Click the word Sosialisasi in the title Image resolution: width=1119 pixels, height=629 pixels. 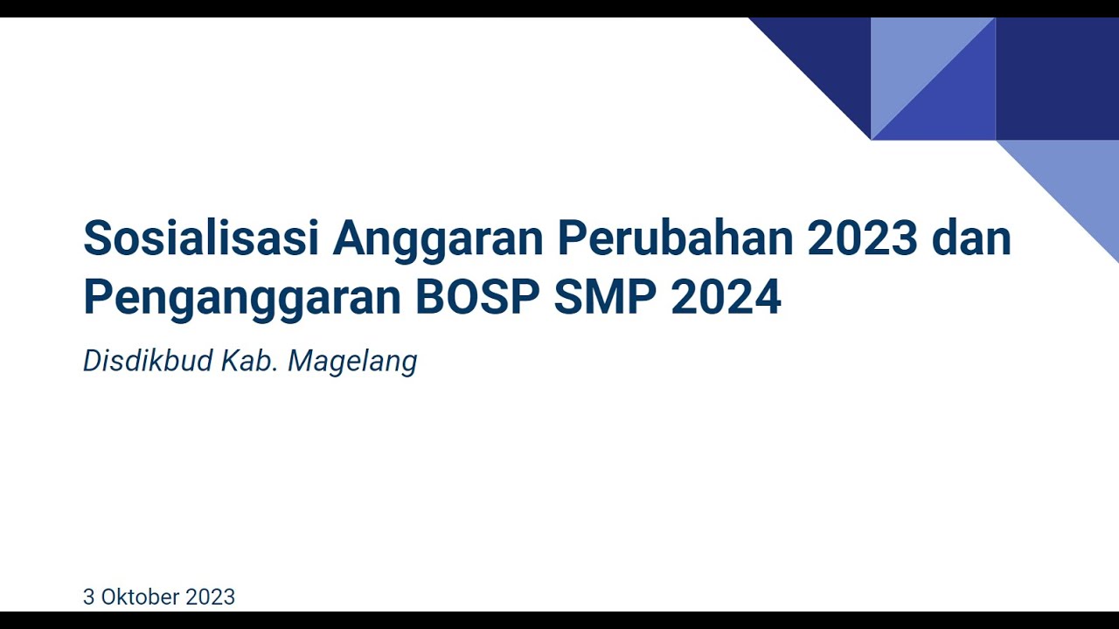tap(200, 238)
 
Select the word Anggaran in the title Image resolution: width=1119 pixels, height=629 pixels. tap(438, 238)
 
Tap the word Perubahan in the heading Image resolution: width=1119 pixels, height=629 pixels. tap(675, 238)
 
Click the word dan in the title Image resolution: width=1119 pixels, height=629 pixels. tap(971, 238)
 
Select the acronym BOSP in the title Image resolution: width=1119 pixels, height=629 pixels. tap(477, 298)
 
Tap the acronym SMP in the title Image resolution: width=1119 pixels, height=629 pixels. tap(605, 298)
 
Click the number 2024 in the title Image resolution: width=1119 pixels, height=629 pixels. tap(726, 298)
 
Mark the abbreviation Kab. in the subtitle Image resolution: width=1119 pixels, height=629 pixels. tap(249, 361)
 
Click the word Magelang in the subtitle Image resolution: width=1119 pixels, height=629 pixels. tap(352, 362)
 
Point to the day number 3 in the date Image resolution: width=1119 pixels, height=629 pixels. tap(88, 597)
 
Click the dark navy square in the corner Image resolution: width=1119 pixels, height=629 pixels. tap(1057, 79)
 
